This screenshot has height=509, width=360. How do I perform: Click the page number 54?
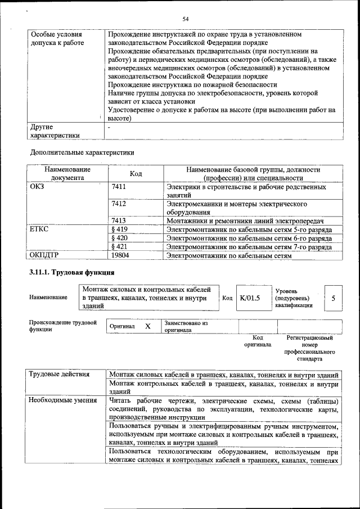[x=184, y=20]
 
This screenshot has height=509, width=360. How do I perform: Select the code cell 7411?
[x=119, y=187]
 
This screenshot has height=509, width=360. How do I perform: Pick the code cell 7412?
[x=119, y=204]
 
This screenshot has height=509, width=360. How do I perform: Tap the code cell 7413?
[x=119, y=220]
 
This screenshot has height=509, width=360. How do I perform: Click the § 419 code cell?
[x=120, y=229]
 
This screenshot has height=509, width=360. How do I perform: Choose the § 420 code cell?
[x=120, y=238]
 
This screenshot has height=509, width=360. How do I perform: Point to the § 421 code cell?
[x=120, y=247]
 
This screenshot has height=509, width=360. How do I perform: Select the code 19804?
[x=121, y=255]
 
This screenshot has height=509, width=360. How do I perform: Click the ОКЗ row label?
[x=37, y=187]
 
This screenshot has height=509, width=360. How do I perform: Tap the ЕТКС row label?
[x=40, y=229]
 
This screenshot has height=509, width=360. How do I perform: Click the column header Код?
[x=136, y=174]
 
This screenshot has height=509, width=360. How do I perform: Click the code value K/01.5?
[x=250, y=298]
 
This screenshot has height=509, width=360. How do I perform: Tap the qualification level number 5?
[x=334, y=298]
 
